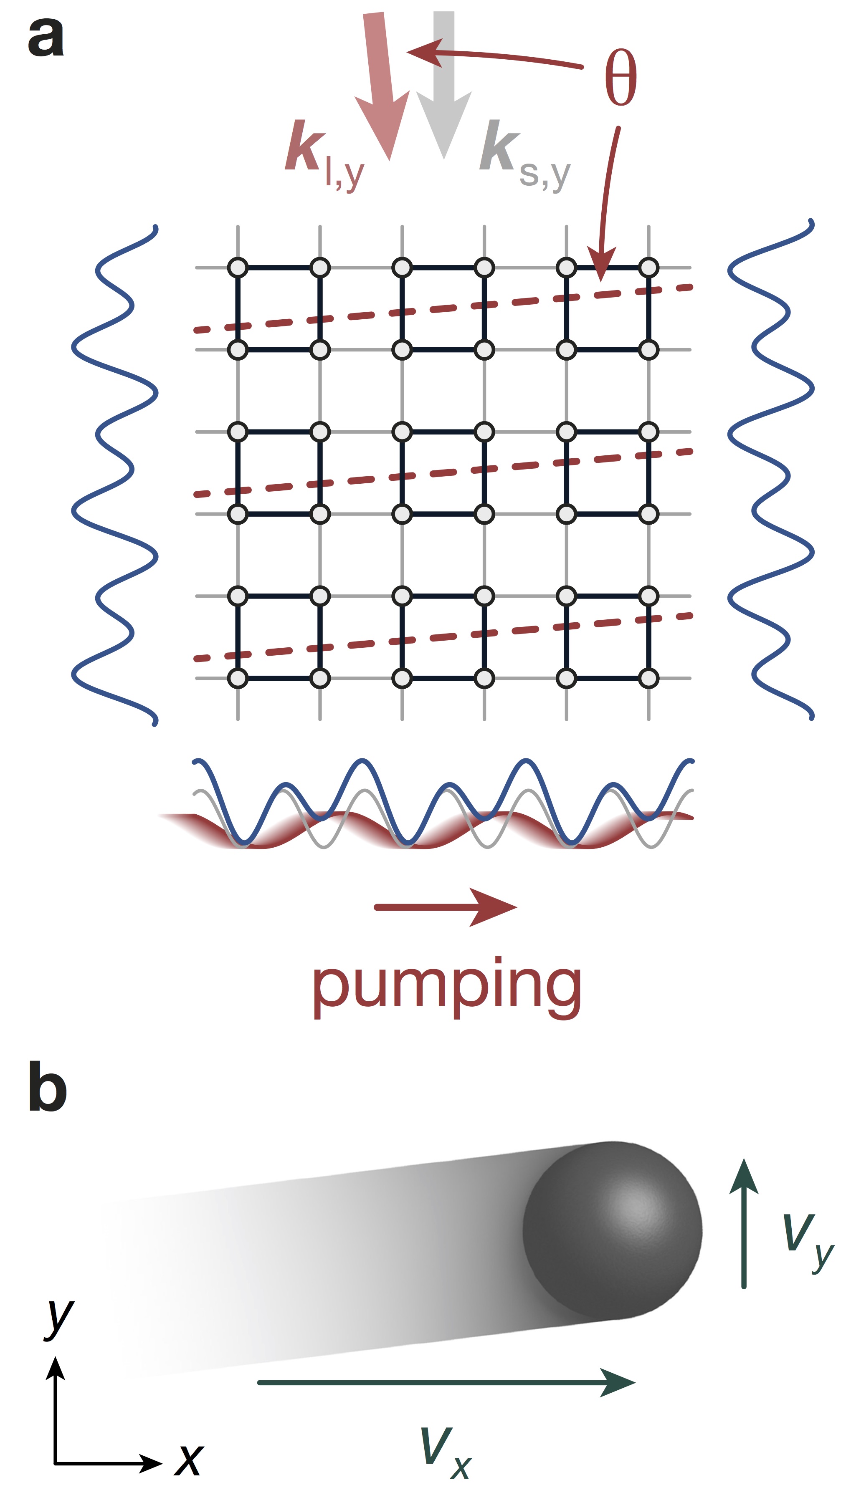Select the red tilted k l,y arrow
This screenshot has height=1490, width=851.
pos(380,88)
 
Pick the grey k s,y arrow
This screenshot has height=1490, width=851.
pos(444,88)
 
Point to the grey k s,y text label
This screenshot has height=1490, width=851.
pos(523,155)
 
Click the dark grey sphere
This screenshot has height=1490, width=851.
pos(612,1230)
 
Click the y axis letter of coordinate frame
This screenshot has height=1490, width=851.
pos(59,1317)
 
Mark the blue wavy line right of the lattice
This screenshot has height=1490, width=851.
pos(771,470)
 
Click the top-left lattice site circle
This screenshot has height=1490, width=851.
pos(238,268)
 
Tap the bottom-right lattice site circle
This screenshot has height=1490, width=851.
pos(649,678)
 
